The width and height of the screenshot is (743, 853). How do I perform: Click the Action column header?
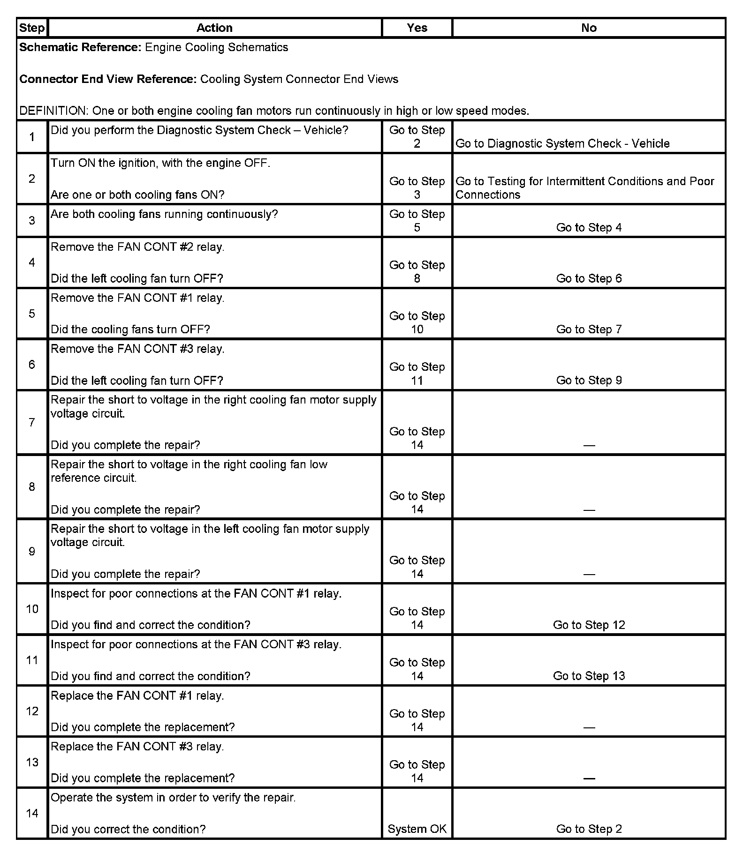click(x=214, y=28)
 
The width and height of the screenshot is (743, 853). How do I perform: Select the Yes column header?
click(x=417, y=28)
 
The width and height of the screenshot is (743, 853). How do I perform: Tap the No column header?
click(x=589, y=28)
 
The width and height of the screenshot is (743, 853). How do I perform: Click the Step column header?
click(x=32, y=28)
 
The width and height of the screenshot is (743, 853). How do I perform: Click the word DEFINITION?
click(x=53, y=111)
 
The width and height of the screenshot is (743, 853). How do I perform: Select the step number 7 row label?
click(x=32, y=423)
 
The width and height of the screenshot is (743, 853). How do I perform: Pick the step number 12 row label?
click(x=32, y=711)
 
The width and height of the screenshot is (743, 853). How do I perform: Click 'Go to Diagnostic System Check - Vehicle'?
click(x=562, y=144)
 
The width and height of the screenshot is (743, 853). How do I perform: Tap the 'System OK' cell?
click(x=417, y=829)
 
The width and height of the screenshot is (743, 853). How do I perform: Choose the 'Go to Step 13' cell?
click(x=589, y=676)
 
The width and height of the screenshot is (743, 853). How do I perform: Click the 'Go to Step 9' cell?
click(x=589, y=381)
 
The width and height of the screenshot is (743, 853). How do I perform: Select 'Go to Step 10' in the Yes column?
click(x=417, y=322)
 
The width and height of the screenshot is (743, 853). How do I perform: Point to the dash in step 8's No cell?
click(x=589, y=510)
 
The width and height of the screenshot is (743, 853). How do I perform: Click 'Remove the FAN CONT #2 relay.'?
click(x=137, y=247)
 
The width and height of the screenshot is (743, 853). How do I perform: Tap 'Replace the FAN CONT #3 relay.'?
click(x=137, y=747)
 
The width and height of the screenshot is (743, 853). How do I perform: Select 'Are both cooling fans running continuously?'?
click(x=164, y=215)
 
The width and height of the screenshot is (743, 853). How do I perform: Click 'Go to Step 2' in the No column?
click(x=589, y=829)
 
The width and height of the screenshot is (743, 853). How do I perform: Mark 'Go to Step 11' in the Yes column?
click(x=417, y=374)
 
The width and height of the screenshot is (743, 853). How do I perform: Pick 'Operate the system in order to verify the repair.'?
click(x=173, y=798)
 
